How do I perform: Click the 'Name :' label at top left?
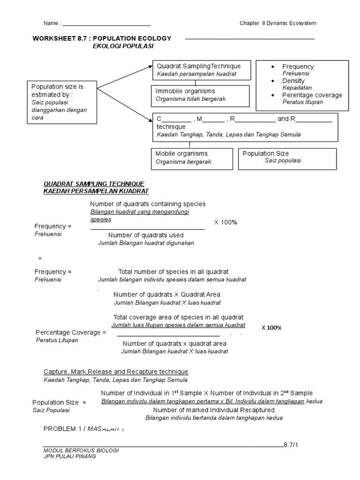coord(52,23)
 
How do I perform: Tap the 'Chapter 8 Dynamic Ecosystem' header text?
coord(277,23)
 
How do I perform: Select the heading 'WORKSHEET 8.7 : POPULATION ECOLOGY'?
coord(102,38)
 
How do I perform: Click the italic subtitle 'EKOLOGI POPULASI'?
coord(123,46)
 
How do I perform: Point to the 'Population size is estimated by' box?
coord(61,102)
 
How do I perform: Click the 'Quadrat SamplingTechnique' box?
coord(202,70)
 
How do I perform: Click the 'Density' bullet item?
coord(293,81)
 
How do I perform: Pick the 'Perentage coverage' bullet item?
coord(312,95)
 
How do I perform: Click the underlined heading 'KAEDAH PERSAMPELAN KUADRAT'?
coord(96,191)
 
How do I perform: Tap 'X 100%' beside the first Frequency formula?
coord(225,222)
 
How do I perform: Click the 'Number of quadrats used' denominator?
coord(146,235)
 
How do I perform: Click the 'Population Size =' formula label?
coord(59,402)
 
